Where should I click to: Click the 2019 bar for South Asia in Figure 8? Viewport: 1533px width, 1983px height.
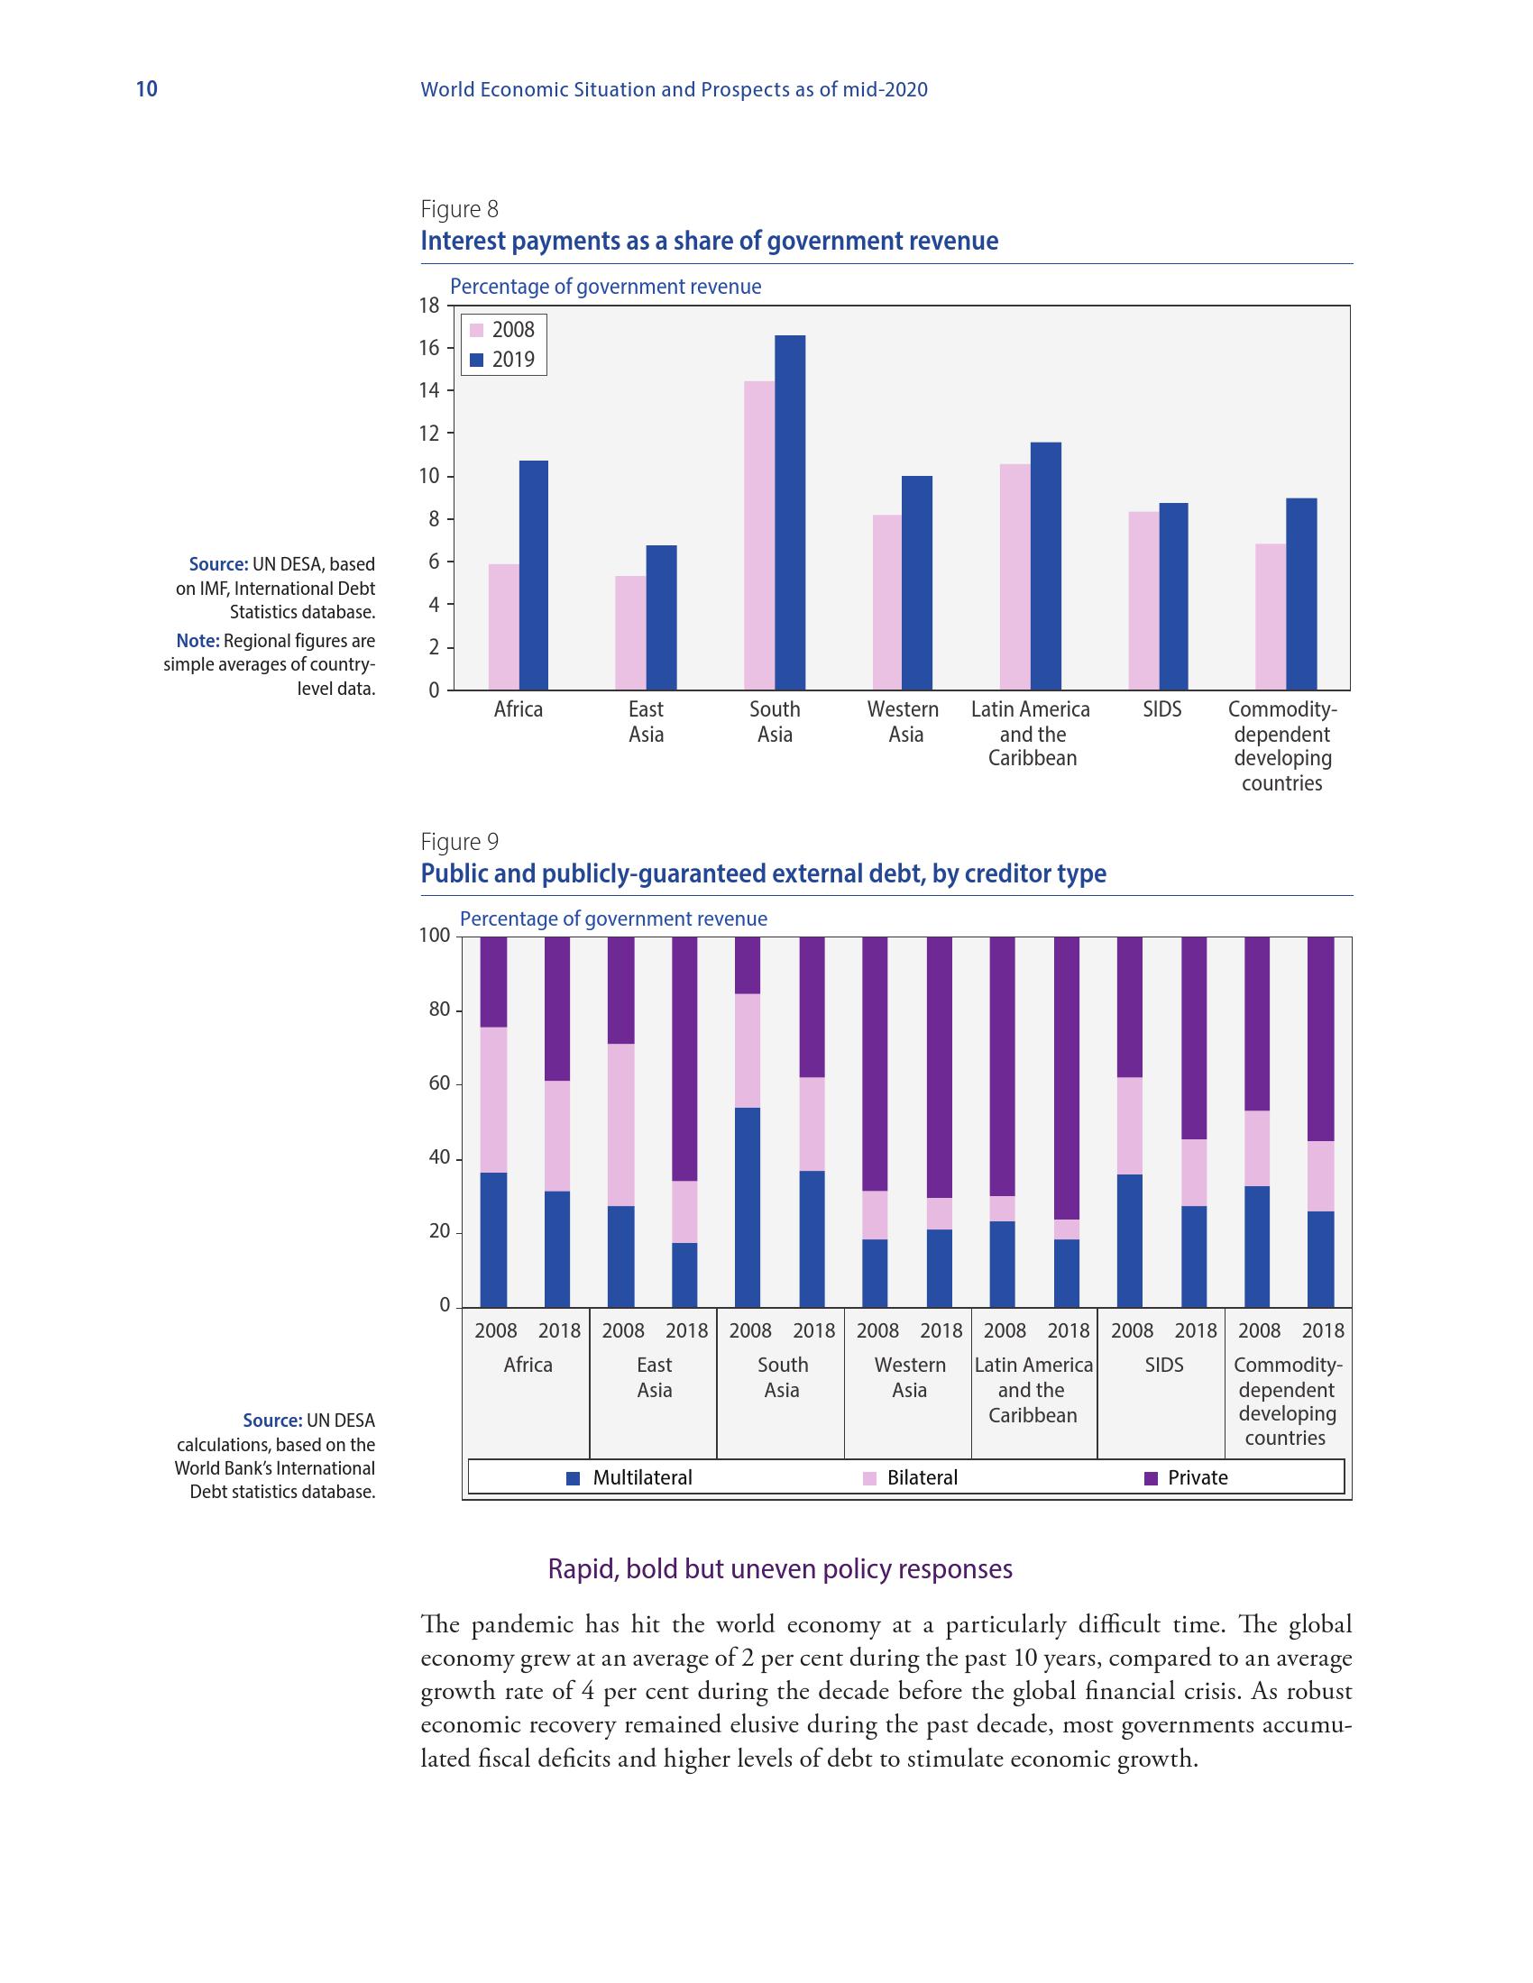point(789,512)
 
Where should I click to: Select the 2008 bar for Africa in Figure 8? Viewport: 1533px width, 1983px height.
point(503,626)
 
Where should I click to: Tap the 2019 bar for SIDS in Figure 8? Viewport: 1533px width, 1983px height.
point(1172,596)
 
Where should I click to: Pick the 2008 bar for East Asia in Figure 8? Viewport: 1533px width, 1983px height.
point(630,632)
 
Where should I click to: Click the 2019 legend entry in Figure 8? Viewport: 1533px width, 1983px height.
point(502,360)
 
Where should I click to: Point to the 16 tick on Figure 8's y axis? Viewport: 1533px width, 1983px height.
point(428,349)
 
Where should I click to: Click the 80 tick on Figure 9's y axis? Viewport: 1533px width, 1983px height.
point(439,1010)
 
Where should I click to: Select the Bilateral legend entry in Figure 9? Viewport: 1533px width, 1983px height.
point(911,1477)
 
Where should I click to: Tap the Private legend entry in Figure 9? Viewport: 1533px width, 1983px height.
point(1187,1477)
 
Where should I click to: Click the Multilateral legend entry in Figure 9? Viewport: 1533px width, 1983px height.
point(630,1477)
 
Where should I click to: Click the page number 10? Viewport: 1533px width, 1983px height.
point(146,89)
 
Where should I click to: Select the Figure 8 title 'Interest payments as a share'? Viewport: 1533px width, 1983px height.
point(709,242)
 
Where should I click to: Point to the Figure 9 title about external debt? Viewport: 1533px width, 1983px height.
point(763,873)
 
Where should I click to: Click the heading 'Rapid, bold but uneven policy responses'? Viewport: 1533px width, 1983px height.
point(779,1569)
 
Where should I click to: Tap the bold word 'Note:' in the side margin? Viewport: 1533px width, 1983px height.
point(198,641)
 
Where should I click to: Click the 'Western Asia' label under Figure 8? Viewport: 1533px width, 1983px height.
point(904,722)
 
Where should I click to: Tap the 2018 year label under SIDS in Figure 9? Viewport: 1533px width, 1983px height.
point(1195,1330)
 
